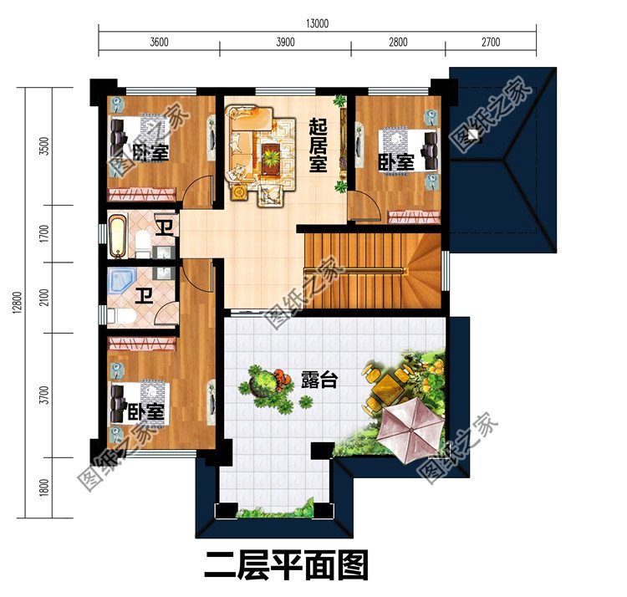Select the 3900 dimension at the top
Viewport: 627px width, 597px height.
(285, 43)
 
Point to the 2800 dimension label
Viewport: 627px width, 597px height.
(398, 43)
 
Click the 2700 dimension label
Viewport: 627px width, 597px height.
(491, 43)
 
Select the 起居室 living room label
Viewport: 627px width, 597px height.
(318, 144)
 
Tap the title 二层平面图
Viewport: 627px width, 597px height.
(286, 567)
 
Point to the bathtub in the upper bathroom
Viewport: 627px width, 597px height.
(118, 237)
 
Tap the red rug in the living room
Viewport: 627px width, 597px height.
(271, 156)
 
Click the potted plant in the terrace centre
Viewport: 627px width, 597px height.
(268, 385)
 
